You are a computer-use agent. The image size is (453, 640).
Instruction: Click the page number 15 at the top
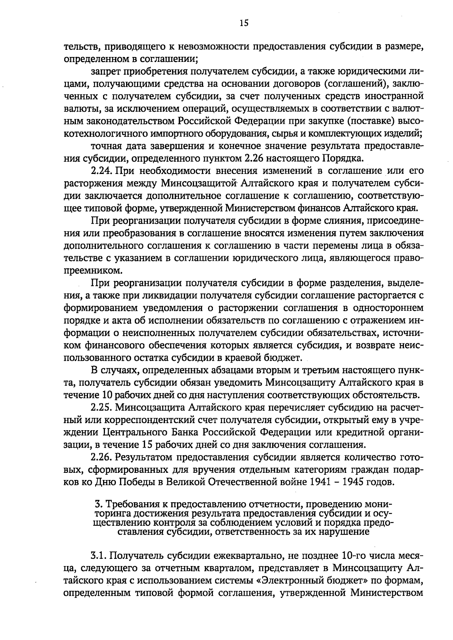[x=243, y=23]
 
